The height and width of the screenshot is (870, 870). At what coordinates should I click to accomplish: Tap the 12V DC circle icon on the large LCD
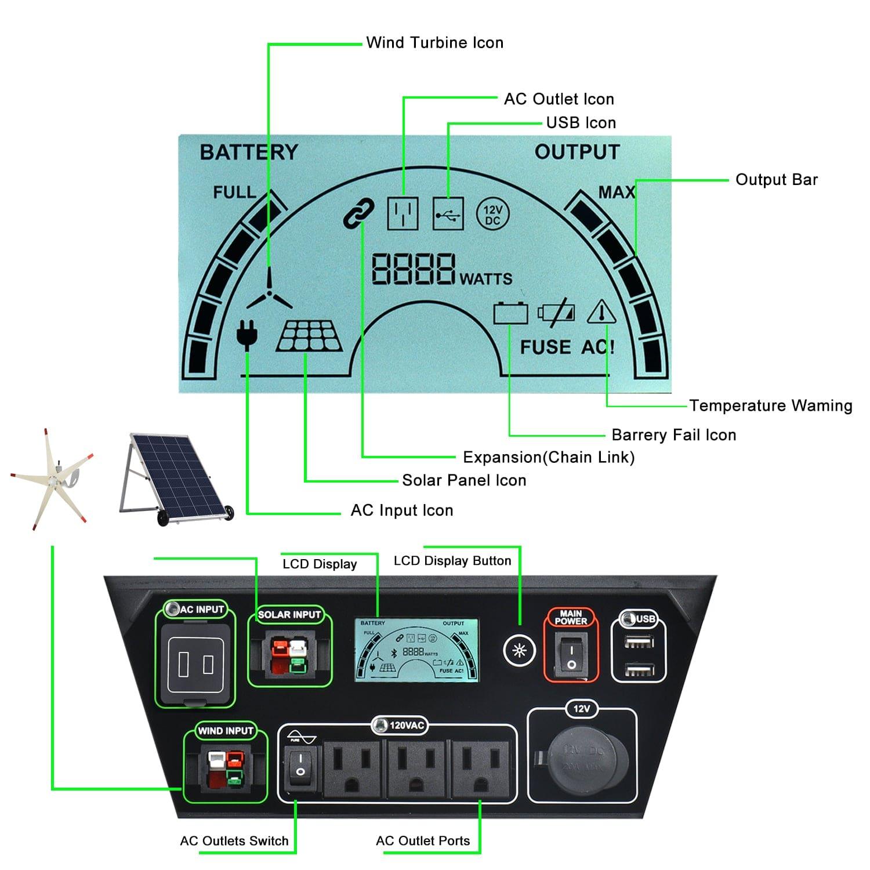click(x=492, y=215)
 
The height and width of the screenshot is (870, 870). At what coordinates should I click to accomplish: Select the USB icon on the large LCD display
click(x=448, y=214)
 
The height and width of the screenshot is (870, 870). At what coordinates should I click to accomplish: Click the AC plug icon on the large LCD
click(x=247, y=335)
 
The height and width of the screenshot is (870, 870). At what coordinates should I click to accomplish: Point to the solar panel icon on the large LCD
click(x=309, y=337)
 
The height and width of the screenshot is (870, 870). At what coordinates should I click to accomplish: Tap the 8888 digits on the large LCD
click(x=413, y=269)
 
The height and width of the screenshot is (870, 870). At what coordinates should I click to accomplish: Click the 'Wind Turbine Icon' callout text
click(x=434, y=43)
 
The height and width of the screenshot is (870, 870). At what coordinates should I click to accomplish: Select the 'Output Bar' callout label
click(x=776, y=180)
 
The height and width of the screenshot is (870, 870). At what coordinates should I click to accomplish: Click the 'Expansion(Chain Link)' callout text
click(x=548, y=458)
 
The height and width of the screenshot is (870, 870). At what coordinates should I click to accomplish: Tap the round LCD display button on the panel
click(x=519, y=650)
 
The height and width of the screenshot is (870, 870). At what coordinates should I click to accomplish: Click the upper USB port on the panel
click(x=639, y=642)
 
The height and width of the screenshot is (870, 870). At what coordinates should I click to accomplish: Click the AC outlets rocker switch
click(x=300, y=764)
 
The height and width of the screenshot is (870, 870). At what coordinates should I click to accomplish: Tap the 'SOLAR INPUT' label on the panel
click(x=289, y=615)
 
